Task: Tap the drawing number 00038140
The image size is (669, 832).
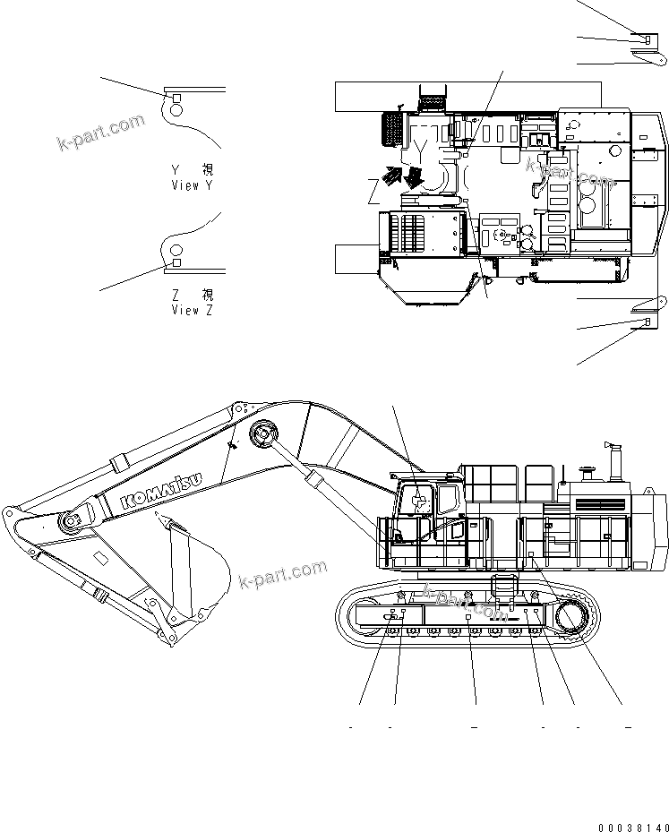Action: [x=631, y=826]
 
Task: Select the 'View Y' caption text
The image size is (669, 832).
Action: [x=193, y=177]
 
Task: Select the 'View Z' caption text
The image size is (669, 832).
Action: [x=193, y=302]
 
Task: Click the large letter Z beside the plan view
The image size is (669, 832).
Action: [x=373, y=191]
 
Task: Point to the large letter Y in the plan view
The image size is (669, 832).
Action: [x=418, y=140]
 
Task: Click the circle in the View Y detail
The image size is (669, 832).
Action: [x=174, y=110]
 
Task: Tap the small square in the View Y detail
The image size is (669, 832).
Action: [x=176, y=98]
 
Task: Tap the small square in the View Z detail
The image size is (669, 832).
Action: [x=176, y=262]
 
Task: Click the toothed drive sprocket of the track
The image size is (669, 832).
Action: [x=572, y=617]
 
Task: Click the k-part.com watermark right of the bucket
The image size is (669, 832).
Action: [x=283, y=575]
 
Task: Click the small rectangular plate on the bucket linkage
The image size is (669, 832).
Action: [x=101, y=559]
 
